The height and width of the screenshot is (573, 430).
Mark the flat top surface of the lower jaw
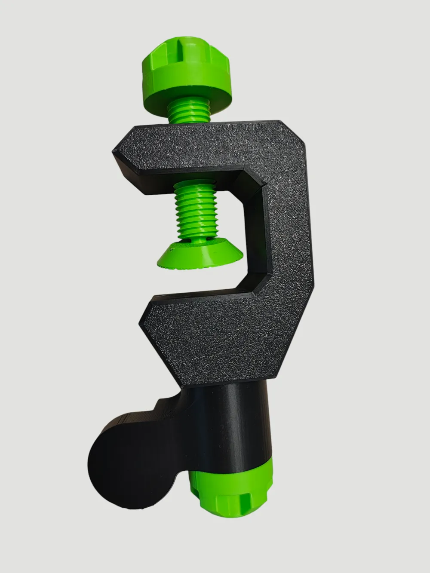pyautogui.click(x=206, y=297)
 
